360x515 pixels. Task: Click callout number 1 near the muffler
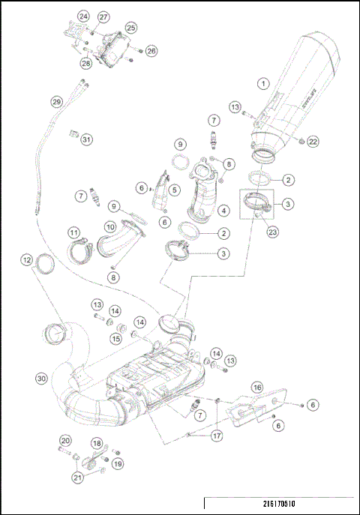pyautogui.click(x=262, y=83)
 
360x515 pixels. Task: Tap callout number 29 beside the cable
pyautogui.click(x=56, y=101)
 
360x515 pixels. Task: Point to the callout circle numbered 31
pyautogui.click(x=88, y=139)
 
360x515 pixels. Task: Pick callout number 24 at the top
pyautogui.click(x=82, y=16)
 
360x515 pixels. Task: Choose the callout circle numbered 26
pyautogui.click(x=151, y=51)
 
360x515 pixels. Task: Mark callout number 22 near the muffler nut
pyautogui.click(x=313, y=141)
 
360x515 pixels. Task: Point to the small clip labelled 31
pyautogui.click(x=74, y=133)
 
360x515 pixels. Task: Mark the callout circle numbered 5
pyautogui.click(x=174, y=190)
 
